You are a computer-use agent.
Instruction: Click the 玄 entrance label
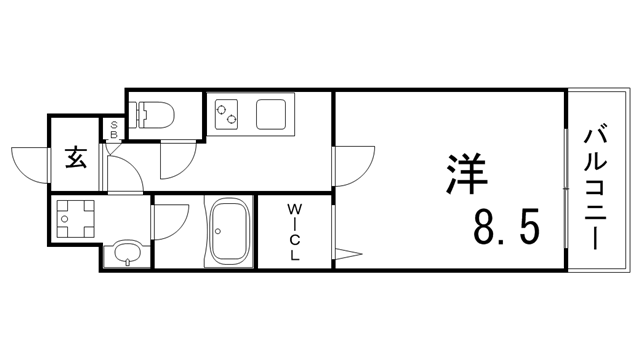pos(76,158)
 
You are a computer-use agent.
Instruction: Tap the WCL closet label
pos(295,231)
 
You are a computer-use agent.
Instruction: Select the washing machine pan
pos(75,217)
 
